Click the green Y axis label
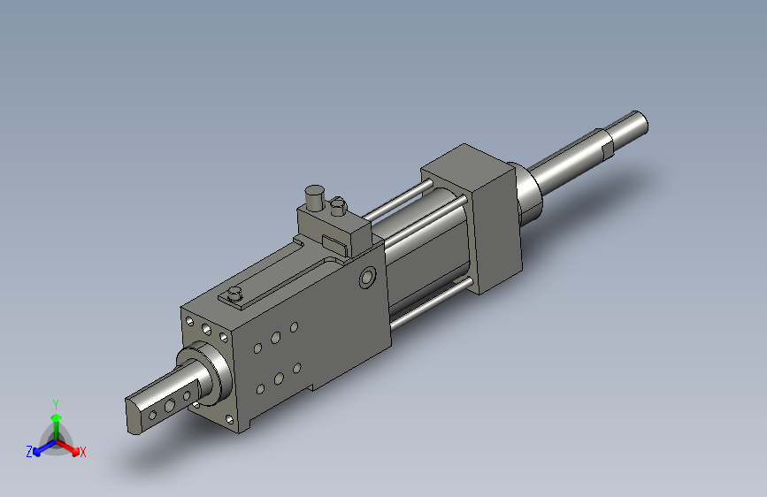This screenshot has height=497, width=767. (56, 405)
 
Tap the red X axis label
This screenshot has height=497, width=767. (83, 452)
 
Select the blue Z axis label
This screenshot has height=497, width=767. (29, 452)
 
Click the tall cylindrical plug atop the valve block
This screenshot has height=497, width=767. (315, 197)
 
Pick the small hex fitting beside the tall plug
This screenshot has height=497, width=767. (338, 206)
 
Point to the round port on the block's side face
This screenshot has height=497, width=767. (368, 278)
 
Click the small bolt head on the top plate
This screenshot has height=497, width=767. (235, 294)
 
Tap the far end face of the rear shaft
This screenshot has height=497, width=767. (640, 123)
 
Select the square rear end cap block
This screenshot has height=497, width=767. (472, 218)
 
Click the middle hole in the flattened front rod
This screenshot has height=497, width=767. (170, 405)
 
